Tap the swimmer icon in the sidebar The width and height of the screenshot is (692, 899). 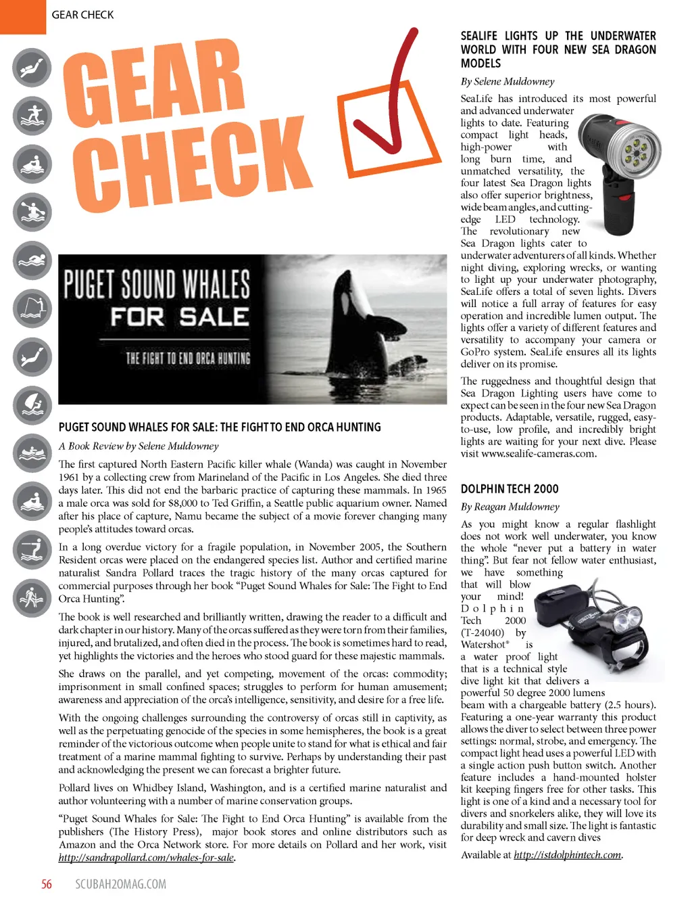click(x=32, y=260)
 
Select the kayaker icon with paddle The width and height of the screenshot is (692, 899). click(x=32, y=212)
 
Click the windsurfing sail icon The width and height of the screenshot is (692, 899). click(x=32, y=405)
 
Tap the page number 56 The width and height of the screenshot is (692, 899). click(x=47, y=883)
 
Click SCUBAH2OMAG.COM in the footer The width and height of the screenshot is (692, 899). click(x=120, y=883)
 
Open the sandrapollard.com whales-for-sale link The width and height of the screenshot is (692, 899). click(x=146, y=858)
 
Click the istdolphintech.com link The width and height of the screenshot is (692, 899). click(x=568, y=854)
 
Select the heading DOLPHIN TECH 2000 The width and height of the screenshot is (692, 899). click(x=510, y=489)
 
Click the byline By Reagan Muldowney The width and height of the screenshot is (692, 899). click(x=510, y=507)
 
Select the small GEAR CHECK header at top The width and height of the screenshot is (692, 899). click(x=82, y=15)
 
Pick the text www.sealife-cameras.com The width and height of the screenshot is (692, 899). click(x=539, y=454)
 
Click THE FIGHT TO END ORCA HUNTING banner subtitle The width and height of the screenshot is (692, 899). click(x=188, y=358)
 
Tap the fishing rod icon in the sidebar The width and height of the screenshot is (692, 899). click(x=32, y=308)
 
